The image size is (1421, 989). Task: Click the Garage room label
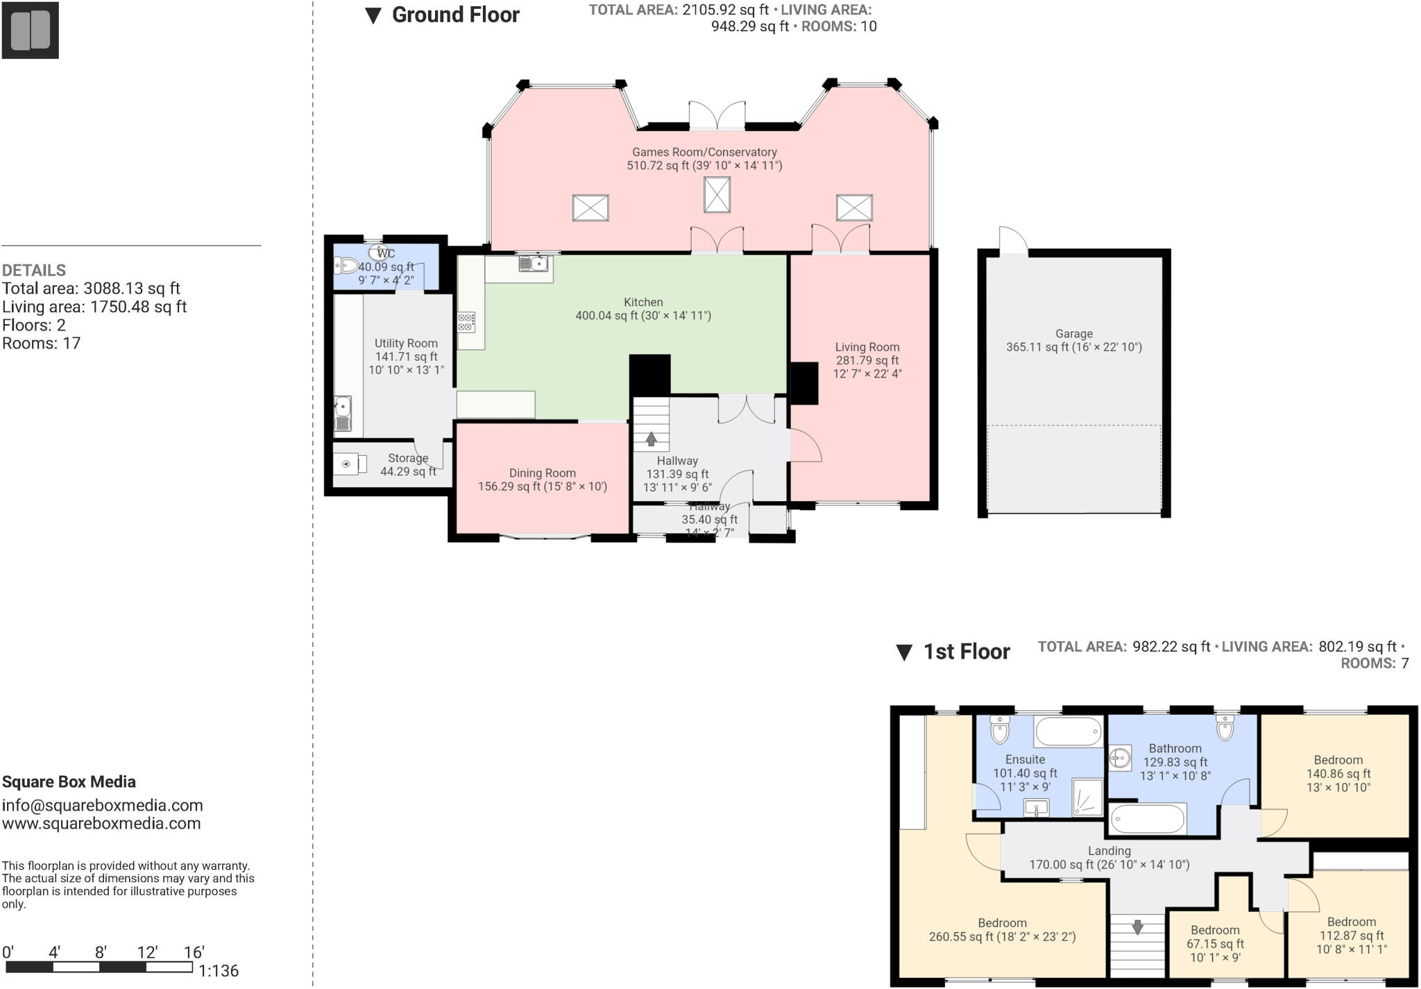(1073, 334)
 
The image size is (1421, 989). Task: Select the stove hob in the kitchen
(466, 323)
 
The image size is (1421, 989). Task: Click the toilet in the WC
(346, 265)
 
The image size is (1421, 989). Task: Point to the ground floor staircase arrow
(651, 439)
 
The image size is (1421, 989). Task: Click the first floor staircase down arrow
(1137, 927)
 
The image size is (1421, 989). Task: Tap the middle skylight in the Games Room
(717, 195)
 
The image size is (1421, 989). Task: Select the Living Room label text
(867, 347)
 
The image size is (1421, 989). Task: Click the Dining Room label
(542, 473)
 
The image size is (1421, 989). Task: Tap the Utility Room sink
(343, 414)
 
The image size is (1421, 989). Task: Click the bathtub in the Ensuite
(1068, 732)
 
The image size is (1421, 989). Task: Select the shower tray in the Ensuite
(1087, 797)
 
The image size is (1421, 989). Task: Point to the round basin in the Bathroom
(1118, 758)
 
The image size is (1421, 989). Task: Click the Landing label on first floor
(1109, 851)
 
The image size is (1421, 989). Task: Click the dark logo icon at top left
(30, 30)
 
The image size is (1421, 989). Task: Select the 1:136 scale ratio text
(219, 971)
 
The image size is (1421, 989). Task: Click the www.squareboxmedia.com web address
(101, 824)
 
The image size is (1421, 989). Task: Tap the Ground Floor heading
(455, 15)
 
